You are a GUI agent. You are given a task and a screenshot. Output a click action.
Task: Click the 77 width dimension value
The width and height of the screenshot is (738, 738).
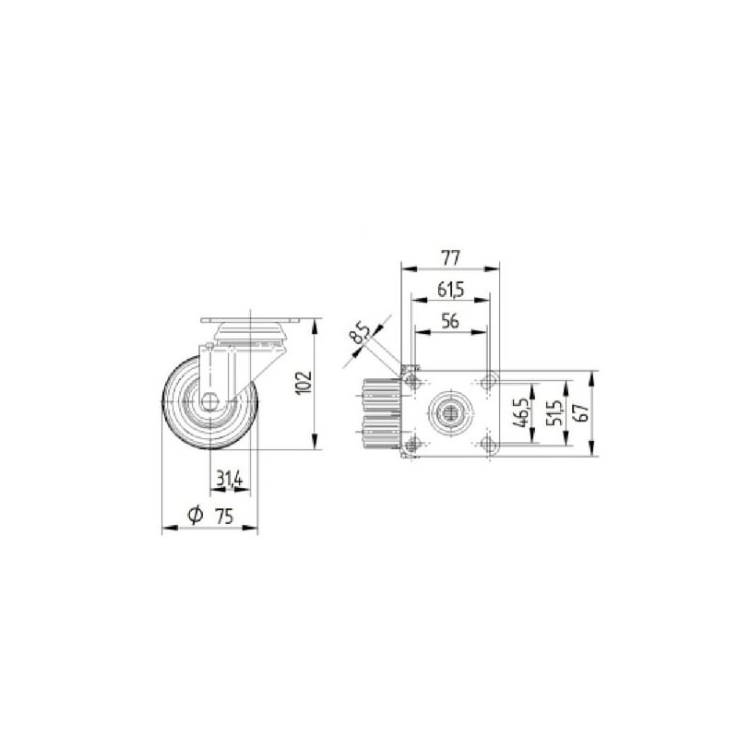point(450,258)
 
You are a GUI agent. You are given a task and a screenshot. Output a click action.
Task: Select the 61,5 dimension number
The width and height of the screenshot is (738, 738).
point(450,290)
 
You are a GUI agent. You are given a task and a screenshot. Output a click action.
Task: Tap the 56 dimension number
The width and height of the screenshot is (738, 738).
point(450,321)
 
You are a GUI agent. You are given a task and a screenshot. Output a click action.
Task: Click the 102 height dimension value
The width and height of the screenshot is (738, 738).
point(304,383)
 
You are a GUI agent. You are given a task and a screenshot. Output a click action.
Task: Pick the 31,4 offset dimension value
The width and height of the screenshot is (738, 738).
point(229,479)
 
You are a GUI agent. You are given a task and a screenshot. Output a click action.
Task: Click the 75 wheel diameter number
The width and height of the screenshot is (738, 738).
point(224,517)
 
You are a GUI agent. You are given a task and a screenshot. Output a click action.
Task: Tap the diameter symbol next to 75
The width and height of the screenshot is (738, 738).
point(195,516)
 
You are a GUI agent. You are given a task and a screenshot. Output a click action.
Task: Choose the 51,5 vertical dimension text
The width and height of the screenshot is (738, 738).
point(555,412)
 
